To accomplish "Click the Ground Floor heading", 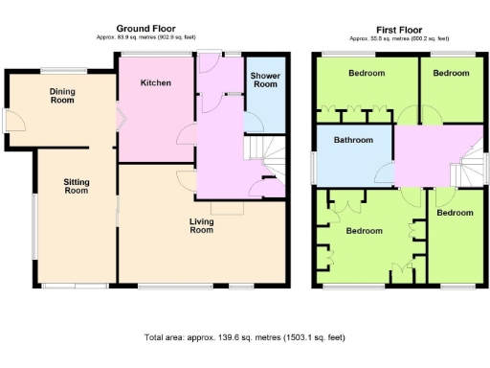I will [145, 29].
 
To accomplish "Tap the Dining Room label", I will [62, 94].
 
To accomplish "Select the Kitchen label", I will [156, 83].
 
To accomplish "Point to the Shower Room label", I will [264, 80].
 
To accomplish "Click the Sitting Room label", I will [76, 186].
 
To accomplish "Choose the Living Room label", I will [201, 225].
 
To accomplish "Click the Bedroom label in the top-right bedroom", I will [451, 74].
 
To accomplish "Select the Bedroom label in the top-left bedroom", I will [367, 74].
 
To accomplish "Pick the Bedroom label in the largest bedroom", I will [365, 231].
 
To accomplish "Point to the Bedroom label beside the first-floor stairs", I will [455, 213].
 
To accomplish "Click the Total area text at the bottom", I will [244, 337].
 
